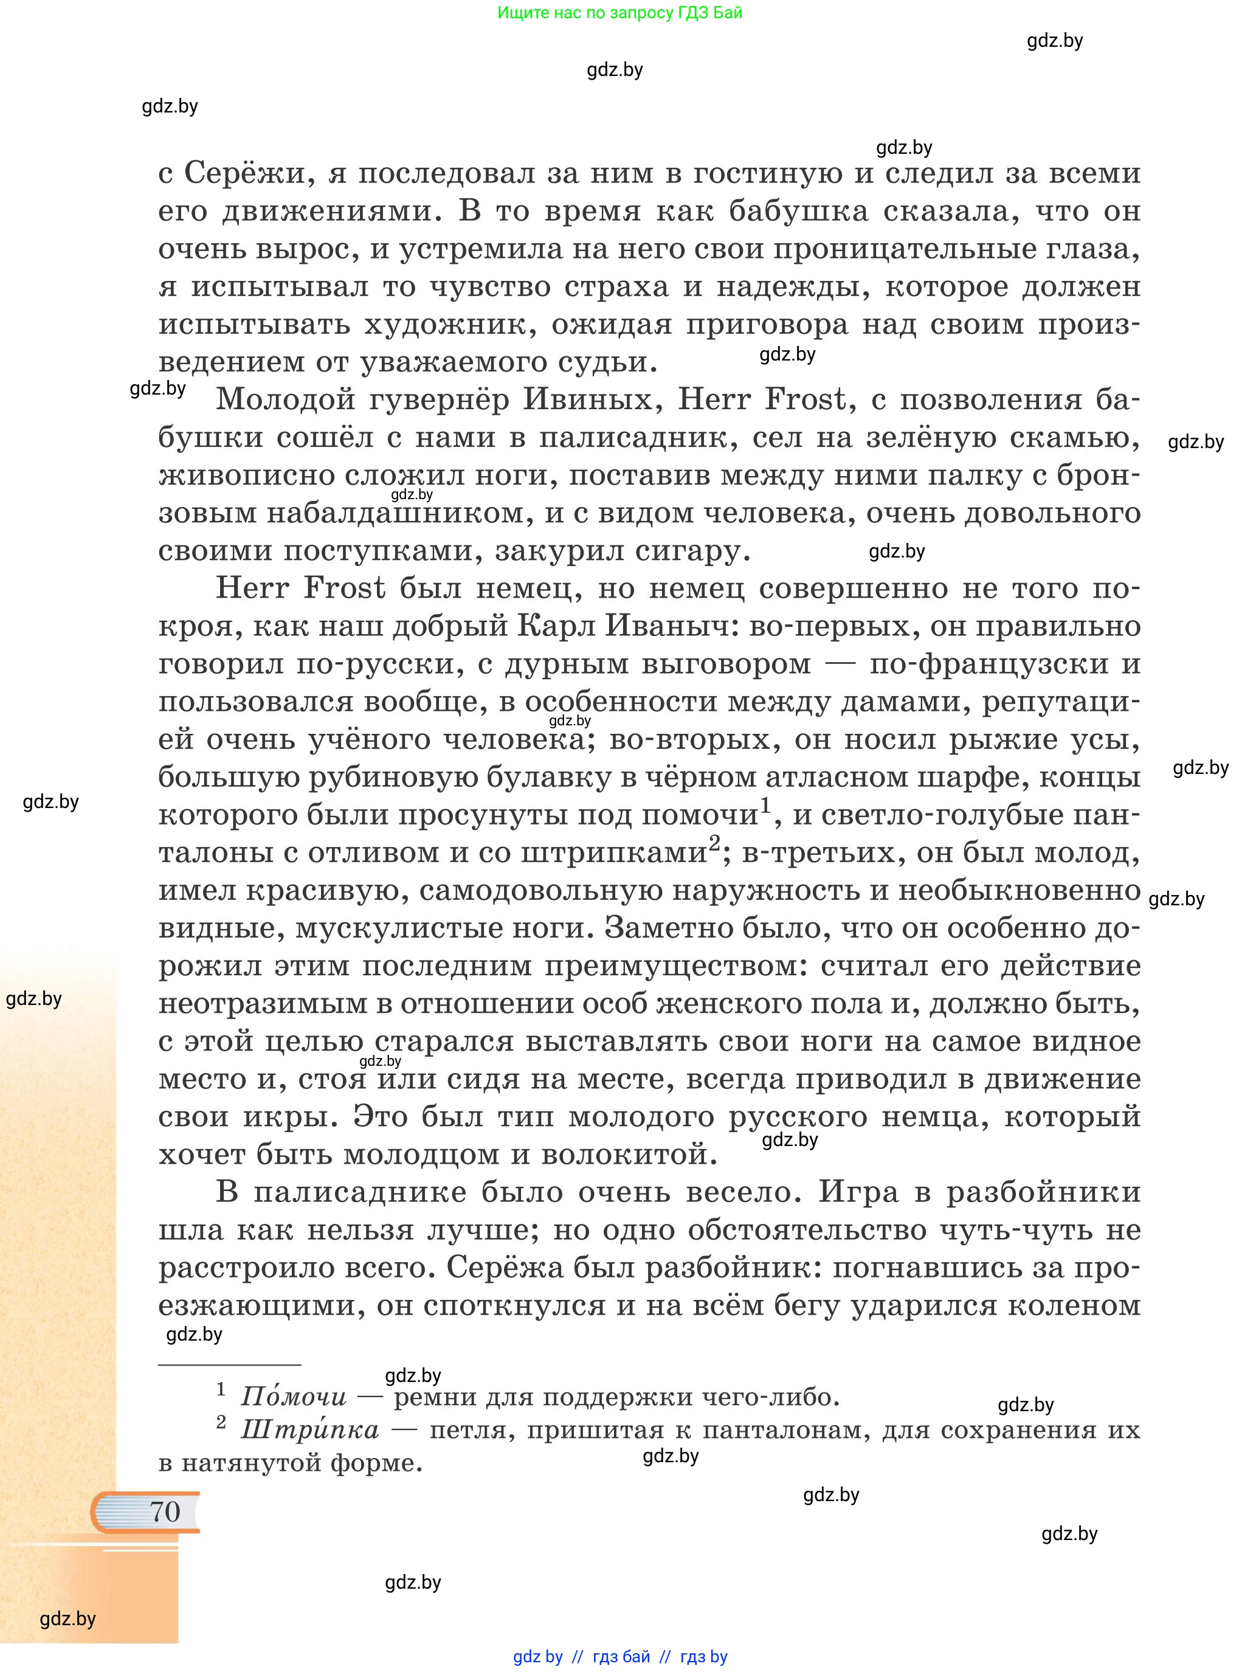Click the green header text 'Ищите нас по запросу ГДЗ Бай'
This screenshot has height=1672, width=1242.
(x=619, y=13)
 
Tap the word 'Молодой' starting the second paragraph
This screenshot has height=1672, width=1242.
(x=285, y=399)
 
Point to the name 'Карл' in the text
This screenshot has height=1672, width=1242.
(x=555, y=626)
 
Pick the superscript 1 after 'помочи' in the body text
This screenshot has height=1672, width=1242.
(x=765, y=806)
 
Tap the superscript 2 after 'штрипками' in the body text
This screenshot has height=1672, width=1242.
(x=714, y=842)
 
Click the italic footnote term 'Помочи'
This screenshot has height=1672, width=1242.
(x=293, y=1397)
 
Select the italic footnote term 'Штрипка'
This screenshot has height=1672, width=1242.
(x=310, y=1430)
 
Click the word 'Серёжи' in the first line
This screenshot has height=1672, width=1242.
(x=246, y=174)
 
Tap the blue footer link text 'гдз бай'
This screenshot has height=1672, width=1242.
(x=621, y=1656)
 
